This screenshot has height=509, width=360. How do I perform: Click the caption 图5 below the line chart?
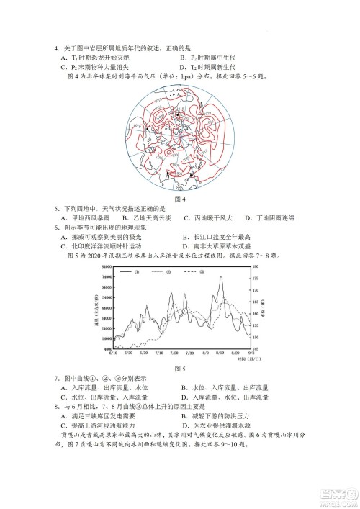pyautogui.click(x=180, y=369)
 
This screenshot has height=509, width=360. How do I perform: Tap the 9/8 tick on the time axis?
pyautogui.click(x=250, y=353)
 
